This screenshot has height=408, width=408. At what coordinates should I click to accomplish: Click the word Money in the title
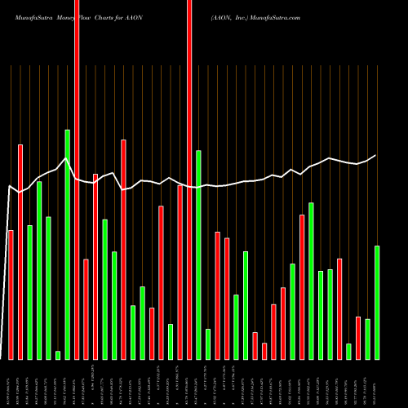click(x=66, y=16)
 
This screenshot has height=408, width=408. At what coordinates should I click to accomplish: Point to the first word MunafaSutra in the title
click(x=29, y=16)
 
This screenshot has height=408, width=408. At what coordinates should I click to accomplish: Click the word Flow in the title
click(x=85, y=16)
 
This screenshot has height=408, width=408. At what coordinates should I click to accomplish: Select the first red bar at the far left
click(x=11, y=295)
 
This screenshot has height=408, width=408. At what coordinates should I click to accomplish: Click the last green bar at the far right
click(x=377, y=302)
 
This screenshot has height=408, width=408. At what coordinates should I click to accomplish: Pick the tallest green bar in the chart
click(x=67, y=244)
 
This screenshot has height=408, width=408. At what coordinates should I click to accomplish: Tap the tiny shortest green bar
click(x=58, y=355)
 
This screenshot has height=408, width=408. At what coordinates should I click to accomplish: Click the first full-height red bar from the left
click(x=77, y=180)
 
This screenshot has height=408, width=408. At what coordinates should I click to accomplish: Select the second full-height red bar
click(x=189, y=180)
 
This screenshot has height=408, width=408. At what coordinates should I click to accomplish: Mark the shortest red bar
click(x=264, y=351)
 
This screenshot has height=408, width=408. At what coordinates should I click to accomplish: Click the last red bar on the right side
click(x=358, y=338)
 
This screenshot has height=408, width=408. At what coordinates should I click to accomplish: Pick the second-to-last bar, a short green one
click(x=368, y=339)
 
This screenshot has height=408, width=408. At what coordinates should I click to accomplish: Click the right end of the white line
click(x=376, y=155)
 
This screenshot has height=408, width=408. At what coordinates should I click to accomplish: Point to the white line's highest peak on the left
click(x=66, y=158)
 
